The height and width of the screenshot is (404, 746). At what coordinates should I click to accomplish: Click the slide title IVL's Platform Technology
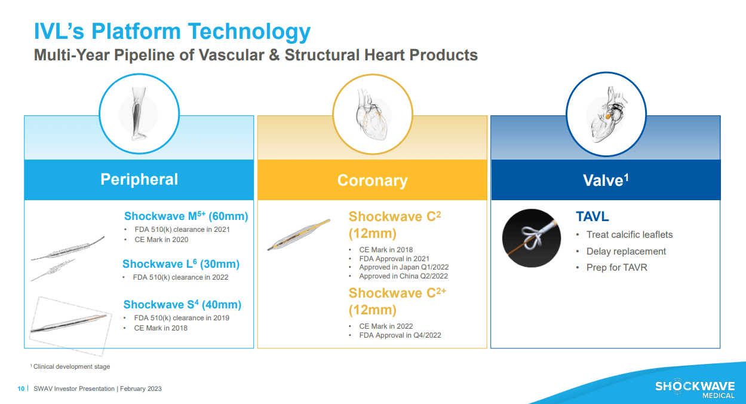coord(172,32)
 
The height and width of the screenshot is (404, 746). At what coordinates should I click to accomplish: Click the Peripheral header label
coord(139,179)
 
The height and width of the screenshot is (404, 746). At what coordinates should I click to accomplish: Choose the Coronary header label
coord(372,180)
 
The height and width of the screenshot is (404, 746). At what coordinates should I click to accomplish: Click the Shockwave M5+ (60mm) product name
coord(186,216)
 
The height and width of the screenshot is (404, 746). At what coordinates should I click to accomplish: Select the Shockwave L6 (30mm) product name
coord(180,264)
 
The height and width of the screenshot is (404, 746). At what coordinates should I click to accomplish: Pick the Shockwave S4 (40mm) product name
coord(182,305)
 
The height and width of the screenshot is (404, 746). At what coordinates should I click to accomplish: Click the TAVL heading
coord(592,217)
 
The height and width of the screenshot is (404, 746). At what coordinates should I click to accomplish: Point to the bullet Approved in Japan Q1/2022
coord(403,267)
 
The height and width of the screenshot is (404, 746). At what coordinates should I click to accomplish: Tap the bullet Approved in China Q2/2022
coord(403,276)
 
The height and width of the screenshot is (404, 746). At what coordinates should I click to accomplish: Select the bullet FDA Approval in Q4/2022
coord(400,335)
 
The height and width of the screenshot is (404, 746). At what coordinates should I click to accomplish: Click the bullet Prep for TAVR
coord(616,268)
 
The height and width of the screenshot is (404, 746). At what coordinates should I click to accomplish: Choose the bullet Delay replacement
coord(626,252)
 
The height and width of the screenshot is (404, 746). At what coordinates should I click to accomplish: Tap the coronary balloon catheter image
coord(298,235)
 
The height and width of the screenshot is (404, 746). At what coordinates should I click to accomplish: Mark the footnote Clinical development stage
coord(72,366)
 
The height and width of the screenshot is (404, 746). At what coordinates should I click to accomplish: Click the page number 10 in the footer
coord(21,389)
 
